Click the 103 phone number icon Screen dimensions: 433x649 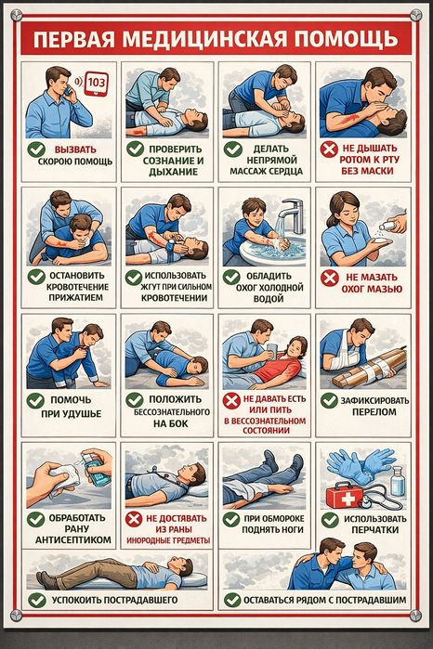(x=96, y=84)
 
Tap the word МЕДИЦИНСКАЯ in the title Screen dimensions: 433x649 (x=205, y=39)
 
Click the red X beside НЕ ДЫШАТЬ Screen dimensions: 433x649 (x=329, y=149)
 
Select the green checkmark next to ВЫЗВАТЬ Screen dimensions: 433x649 (x=36, y=149)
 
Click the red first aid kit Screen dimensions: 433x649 (x=345, y=497)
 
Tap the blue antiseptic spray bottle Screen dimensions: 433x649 (x=96, y=470)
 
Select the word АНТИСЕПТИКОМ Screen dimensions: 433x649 (x=73, y=539)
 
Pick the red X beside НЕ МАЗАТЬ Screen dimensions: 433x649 (x=330, y=278)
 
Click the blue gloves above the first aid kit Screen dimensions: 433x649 (x=360, y=465)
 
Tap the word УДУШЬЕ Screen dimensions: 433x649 (x=83, y=413)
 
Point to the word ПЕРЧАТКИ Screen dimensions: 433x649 (x=375, y=530)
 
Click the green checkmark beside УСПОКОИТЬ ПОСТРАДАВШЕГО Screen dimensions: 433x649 (x=37, y=600)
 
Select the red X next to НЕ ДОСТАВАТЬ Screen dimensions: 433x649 (x=134, y=519)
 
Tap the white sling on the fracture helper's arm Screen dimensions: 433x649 (x=346, y=355)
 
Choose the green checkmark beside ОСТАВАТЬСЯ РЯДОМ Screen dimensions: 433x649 (x=232, y=600)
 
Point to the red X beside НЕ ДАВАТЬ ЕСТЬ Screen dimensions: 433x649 (x=231, y=401)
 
